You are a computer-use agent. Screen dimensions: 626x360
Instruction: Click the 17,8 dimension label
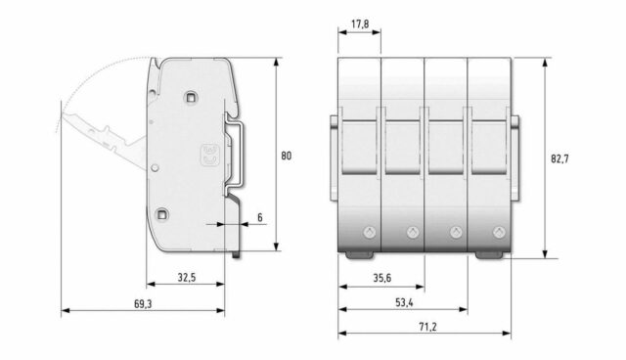click(x=360, y=24)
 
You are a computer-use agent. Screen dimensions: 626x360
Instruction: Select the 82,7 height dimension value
click(x=559, y=158)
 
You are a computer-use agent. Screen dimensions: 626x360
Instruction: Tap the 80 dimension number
click(x=287, y=156)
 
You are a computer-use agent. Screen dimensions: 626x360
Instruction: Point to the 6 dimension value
click(x=260, y=217)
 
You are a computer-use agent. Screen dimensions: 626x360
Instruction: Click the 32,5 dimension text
click(x=187, y=278)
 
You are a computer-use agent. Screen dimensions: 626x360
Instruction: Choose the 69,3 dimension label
click(x=143, y=304)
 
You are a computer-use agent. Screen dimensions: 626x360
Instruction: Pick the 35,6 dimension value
click(x=382, y=278)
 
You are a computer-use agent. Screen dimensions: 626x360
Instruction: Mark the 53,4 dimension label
click(x=404, y=302)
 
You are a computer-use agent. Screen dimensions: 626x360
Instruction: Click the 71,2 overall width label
click(x=427, y=327)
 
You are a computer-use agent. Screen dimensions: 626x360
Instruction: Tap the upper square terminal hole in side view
click(x=190, y=97)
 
